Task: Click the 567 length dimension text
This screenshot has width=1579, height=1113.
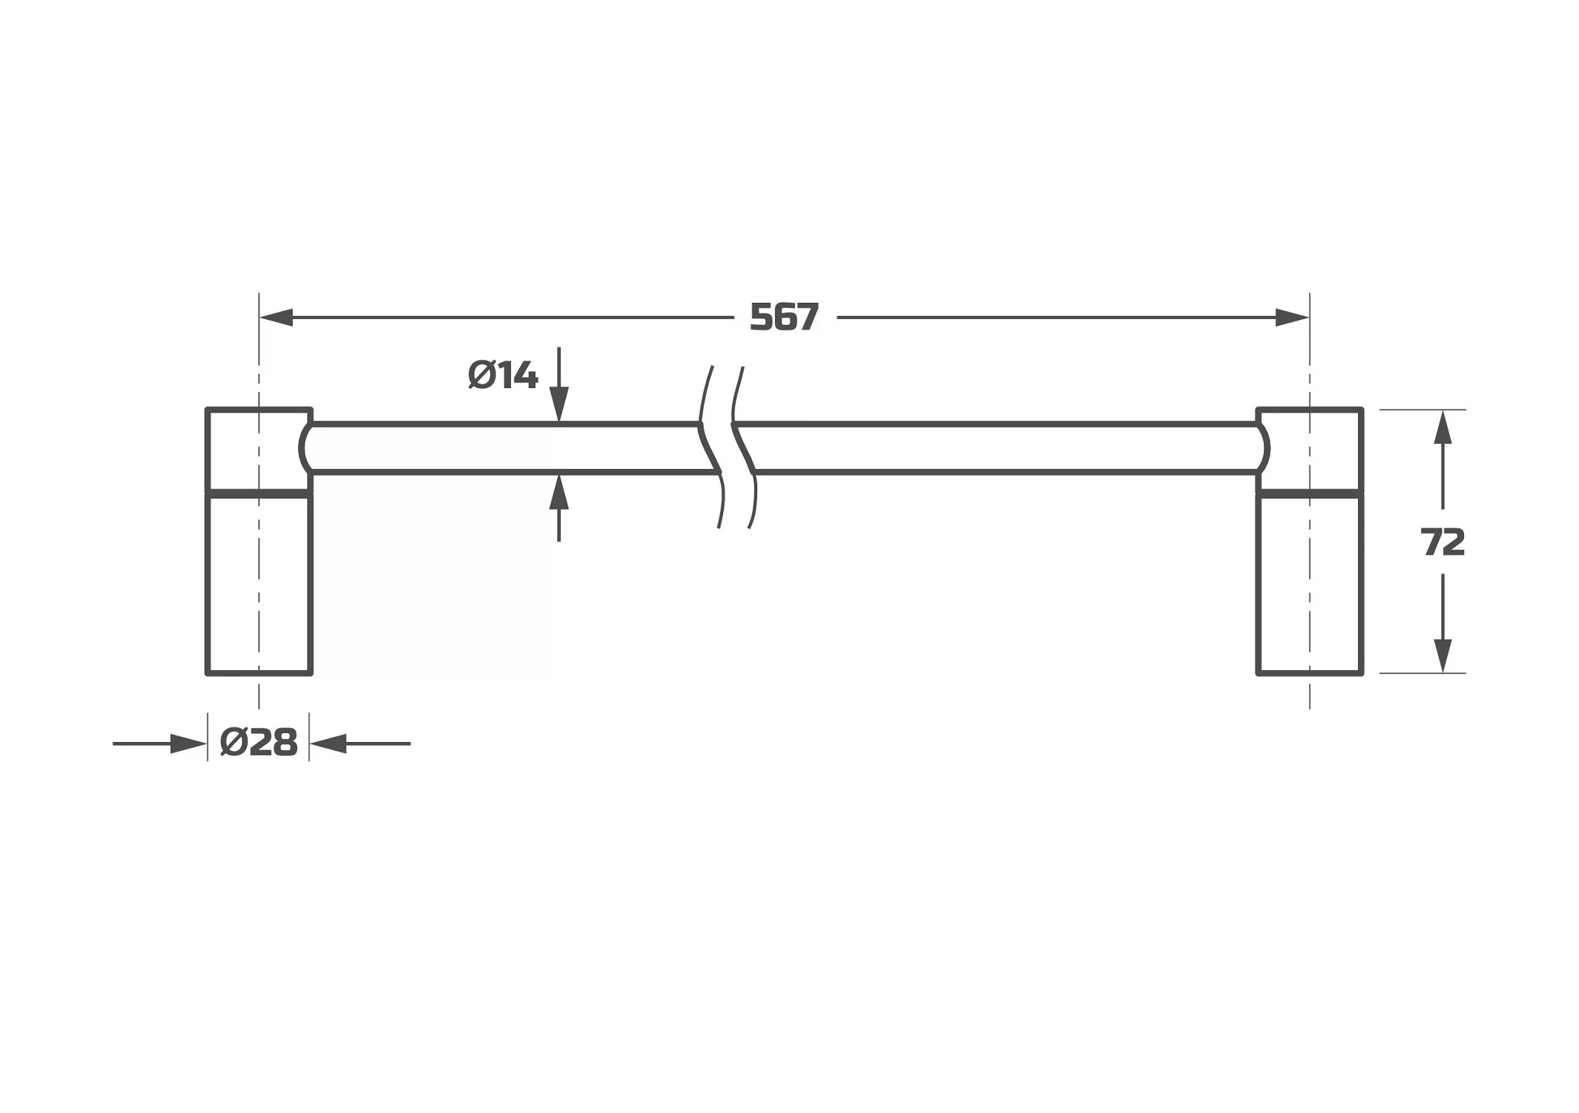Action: click(784, 317)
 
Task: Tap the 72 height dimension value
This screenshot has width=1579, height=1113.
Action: click(1443, 542)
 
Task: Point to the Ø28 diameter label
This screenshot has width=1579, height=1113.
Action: click(259, 742)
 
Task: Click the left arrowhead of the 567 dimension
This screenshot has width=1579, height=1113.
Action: click(277, 318)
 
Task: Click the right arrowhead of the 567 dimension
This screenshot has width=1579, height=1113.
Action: click(1291, 318)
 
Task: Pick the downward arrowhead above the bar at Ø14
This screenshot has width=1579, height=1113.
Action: click(559, 406)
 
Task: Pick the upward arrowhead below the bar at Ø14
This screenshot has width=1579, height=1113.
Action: click(559, 492)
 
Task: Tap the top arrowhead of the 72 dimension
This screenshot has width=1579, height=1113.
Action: click(1443, 427)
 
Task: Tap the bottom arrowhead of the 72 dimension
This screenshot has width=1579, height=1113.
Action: click(1443, 655)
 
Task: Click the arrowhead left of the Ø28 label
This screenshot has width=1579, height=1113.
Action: click(188, 743)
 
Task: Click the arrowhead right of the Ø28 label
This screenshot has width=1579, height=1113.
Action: click(329, 743)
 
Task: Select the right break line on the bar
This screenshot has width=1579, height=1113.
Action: click(744, 447)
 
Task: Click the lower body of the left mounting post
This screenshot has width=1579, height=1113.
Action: click(259, 584)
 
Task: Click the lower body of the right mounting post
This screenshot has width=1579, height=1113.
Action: click(1310, 584)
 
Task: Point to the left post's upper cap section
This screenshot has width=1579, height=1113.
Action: click(259, 450)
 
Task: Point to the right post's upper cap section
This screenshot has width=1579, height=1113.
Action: click(1310, 450)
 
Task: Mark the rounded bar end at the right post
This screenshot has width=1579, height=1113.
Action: click(1267, 448)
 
